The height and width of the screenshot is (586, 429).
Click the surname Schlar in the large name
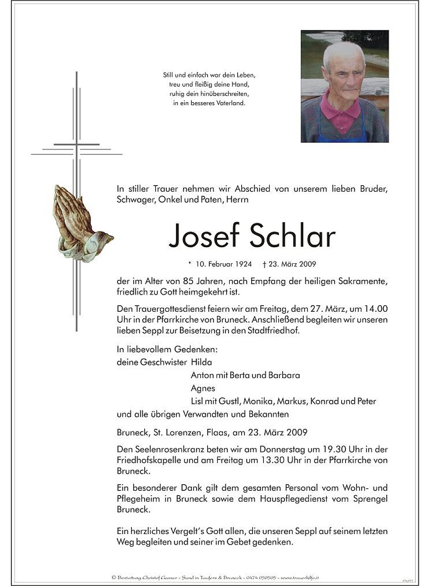pos(293,236)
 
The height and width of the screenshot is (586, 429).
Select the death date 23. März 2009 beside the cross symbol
pos(292,264)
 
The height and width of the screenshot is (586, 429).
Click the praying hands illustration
pos(81,222)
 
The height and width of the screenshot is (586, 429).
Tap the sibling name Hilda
pos(201,362)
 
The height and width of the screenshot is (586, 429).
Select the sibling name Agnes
pos(203,388)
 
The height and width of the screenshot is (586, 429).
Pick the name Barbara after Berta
pos(285,375)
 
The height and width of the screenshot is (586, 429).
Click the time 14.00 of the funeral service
pos(376,309)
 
